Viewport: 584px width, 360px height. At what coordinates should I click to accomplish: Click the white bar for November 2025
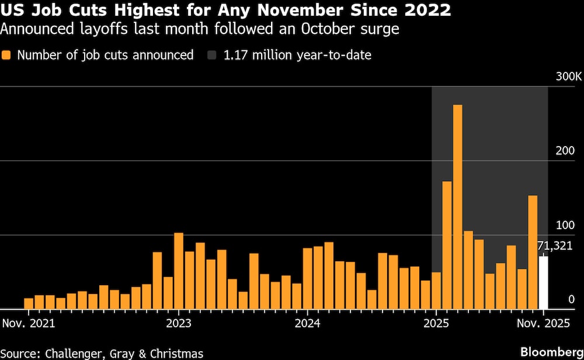543,283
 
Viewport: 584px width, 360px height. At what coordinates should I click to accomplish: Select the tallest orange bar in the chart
458,207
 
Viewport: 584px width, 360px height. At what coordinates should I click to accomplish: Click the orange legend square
7,56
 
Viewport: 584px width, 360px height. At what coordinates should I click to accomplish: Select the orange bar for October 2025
533,252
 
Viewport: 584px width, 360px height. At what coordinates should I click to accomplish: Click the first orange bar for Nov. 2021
29,303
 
